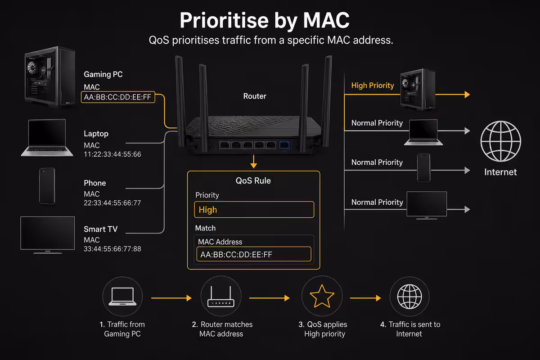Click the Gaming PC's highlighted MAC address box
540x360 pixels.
pyautogui.click(x=118, y=97)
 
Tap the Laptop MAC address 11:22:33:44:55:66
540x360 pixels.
pyautogui.click(x=112, y=154)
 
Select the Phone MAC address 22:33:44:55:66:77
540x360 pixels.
pyautogui.click(x=112, y=203)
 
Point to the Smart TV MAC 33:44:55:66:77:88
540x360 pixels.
pyautogui.click(x=112, y=249)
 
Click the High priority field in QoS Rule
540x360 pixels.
pyautogui.click(x=254, y=210)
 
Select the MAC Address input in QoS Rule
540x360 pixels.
pyautogui.click(x=254, y=254)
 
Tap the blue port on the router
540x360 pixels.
pyautogui.click(x=284, y=145)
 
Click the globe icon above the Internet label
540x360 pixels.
pyautogui.click(x=501, y=141)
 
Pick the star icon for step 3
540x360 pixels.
pyautogui.click(x=322, y=297)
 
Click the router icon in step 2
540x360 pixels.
pyautogui.click(x=221, y=297)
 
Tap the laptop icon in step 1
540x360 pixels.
pyautogui.click(x=122, y=297)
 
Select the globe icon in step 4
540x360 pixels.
pyautogui.click(x=409, y=297)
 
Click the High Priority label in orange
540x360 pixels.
pyautogui.click(x=373, y=85)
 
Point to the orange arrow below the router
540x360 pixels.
pyautogui.click(x=254, y=162)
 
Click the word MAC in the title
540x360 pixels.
pyautogui.click(x=326, y=20)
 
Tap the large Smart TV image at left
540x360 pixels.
pyautogui.click(x=48, y=235)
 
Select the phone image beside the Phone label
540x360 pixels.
pyautogui.click(x=47, y=186)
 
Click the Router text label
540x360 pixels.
pyautogui.click(x=255, y=96)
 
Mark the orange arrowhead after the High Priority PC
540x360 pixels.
pyautogui.click(x=467, y=94)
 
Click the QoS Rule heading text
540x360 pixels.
pyautogui.click(x=253, y=180)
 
